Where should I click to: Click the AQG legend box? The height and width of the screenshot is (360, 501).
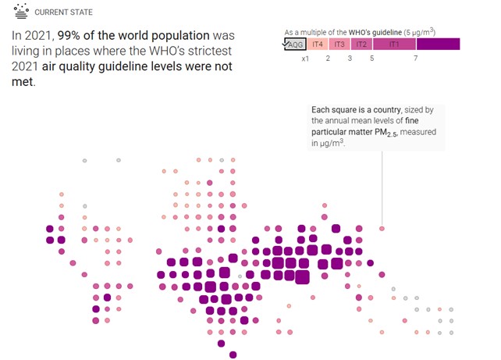[x=295, y=44]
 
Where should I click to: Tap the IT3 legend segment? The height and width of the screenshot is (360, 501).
[x=340, y=44]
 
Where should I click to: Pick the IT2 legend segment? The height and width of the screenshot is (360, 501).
[x=361, y=44]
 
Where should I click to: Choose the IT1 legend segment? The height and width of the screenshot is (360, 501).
[x=394, y=44]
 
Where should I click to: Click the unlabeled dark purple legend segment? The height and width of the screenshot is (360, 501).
[x=438, y=44]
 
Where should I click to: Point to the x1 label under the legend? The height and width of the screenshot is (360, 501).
[x=306, y=59]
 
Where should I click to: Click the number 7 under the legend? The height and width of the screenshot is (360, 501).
[x=416, y=59]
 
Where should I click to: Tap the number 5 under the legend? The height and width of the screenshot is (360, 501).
[x=371, y=59]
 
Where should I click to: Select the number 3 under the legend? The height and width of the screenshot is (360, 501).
[x=350, y=59]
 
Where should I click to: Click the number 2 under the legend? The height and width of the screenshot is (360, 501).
[x=328, y=59]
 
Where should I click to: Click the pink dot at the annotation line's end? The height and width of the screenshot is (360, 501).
[x=382, y=229]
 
